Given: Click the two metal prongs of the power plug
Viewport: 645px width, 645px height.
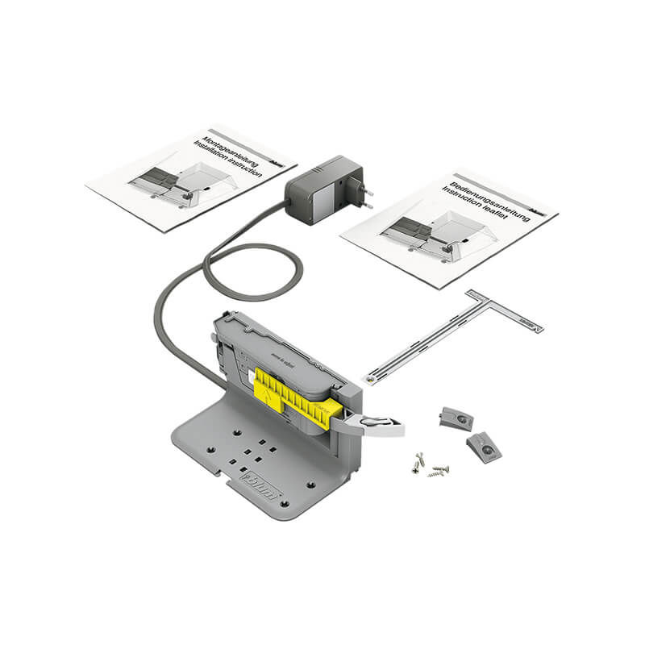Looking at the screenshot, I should click(x=370, y=197).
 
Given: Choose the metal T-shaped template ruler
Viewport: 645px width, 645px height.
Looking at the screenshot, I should click(x=451, y=335).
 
